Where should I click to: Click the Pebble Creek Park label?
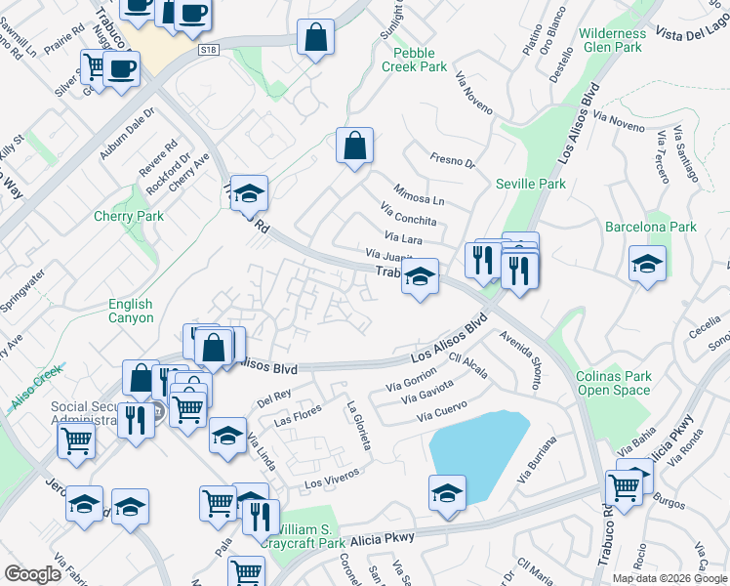421,60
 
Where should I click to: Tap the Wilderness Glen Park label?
612,40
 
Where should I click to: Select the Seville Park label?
530,184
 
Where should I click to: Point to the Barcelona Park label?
651,227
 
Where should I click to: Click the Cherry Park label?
129,216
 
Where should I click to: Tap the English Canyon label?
131,312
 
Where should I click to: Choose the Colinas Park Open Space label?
613,383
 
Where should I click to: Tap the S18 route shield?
206,48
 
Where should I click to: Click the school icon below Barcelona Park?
647,264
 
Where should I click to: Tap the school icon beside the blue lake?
447,492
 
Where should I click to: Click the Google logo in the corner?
33,573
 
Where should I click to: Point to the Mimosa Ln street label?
419,193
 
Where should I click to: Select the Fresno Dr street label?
452,160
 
